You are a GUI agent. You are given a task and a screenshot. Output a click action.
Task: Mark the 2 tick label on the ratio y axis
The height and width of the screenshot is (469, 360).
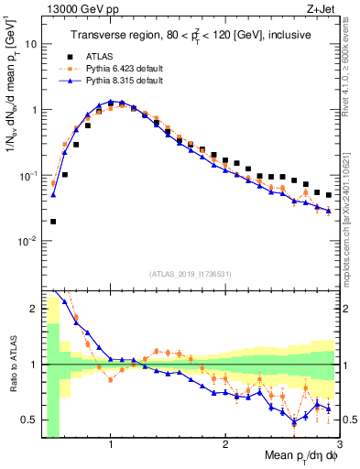pos(34,309)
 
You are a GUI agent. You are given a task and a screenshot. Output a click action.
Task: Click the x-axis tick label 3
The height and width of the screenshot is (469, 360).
pos(338,442)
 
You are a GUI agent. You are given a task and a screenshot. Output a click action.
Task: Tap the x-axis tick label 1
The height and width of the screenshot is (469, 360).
pos(111,442)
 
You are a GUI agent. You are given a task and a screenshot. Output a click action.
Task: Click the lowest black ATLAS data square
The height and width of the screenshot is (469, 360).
pos(54,221)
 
